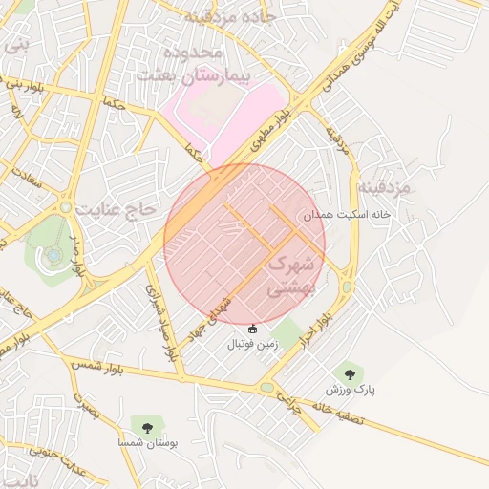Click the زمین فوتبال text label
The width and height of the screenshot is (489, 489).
point(252,344)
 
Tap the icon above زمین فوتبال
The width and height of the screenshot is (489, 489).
point(252,329)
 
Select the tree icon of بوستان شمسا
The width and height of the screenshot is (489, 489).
point(147,427)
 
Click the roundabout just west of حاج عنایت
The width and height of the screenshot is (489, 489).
point(66,206)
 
